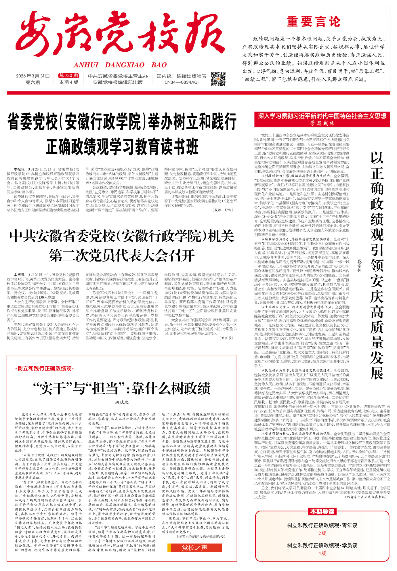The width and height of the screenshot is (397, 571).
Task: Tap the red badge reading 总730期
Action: (68, 76)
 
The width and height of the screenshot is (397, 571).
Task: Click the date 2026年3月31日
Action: (33, 76)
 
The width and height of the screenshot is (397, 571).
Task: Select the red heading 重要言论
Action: (313, 22)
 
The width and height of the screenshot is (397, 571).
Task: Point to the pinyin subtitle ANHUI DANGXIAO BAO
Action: (120, 65)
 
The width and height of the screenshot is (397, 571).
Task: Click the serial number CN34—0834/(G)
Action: (182, 82)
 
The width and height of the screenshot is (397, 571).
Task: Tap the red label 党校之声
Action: (194, 547)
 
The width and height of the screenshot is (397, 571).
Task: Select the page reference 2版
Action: (322, 533)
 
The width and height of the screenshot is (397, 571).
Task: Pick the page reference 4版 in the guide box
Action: (322, 553)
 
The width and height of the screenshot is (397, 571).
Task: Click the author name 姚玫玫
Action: (122, 402)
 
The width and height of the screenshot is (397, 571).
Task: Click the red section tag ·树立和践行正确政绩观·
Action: (45, 368)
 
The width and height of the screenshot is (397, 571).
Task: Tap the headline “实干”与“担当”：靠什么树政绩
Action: (122, 388)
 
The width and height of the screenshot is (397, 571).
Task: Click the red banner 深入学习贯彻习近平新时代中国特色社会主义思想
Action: (322, 116)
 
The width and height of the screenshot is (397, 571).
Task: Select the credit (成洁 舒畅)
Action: (223, 210)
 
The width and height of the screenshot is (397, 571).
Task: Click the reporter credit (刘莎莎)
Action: (226, 338)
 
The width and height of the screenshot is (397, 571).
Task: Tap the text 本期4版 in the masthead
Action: (68, 82)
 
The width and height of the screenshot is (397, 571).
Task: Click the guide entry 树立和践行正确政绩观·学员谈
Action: (322, 545)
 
